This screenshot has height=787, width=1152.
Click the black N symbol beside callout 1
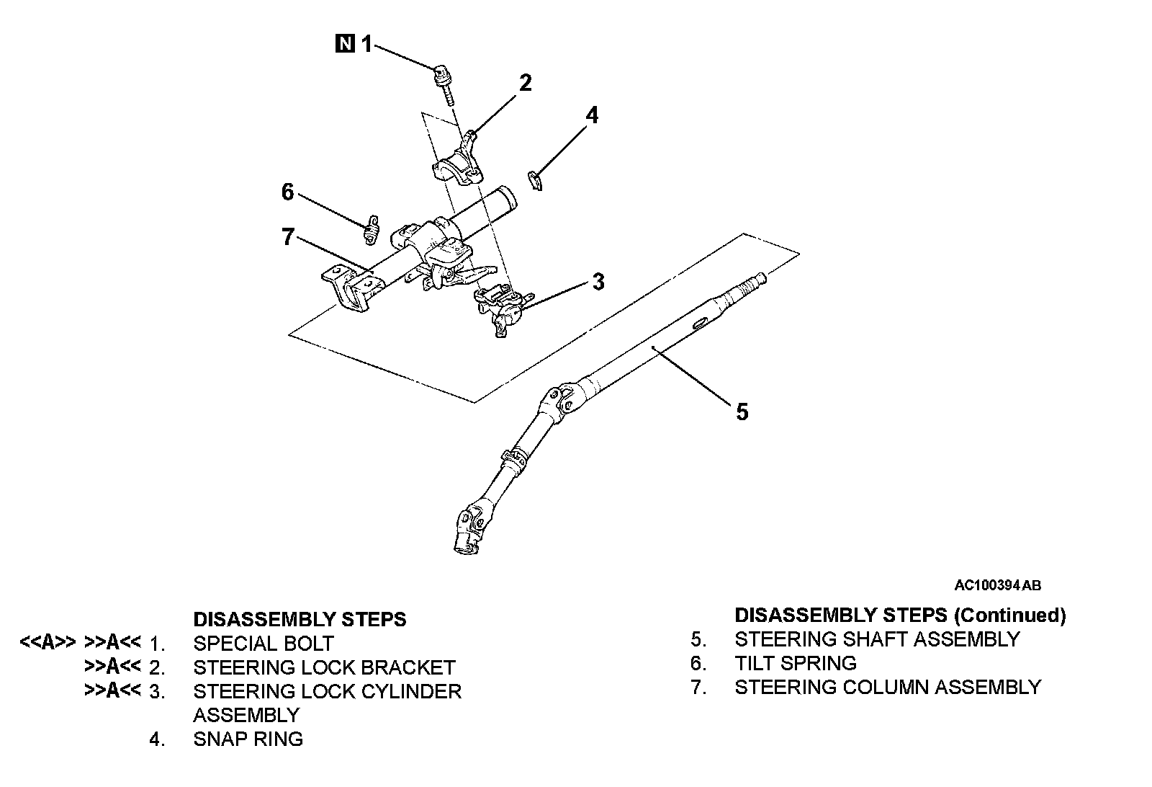[x=345, y=44]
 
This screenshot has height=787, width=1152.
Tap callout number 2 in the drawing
[x=525, y=83]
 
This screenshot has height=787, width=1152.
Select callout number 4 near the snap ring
[x=591, y=115]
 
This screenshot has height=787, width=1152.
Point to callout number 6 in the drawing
[x=288, y=192]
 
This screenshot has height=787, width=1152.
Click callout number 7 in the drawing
[x=288, y=236]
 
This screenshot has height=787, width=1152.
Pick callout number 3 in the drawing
[x=598, y=282]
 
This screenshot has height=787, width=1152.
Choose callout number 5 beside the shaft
[x=742, y=412]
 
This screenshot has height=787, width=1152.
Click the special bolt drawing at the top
[x=442, y=81]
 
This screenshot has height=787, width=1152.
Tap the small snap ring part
[x=534, y=182]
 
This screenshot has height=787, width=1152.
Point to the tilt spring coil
[x=371, y=230]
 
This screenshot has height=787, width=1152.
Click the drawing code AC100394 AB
[x=997, y=585]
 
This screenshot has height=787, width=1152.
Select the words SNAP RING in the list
[x=248, y=739]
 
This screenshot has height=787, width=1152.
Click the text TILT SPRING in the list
[x=796, y=663]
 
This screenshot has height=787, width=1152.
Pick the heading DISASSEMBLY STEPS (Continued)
[x=900, y=615]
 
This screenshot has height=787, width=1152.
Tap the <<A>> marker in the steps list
[x=48, y=643]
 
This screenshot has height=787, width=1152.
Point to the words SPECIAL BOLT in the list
[x=264, y=643]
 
